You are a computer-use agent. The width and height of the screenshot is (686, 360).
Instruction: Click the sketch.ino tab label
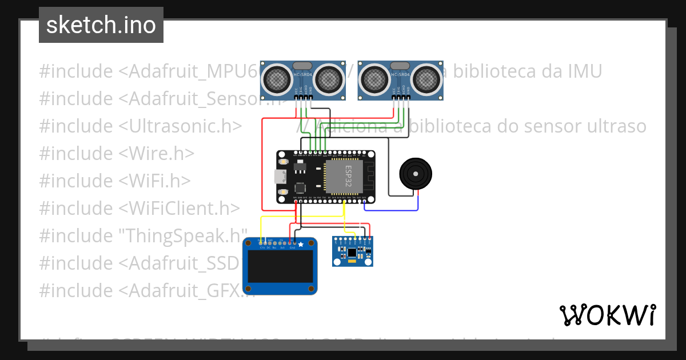[101, 25]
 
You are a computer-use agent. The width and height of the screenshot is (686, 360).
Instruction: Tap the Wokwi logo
[607, 315]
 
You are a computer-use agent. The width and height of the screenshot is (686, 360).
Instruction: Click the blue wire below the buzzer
[394, 210]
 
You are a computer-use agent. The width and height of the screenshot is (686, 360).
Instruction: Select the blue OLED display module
[280, 266]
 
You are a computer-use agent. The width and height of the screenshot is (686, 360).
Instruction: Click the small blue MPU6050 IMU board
[353, 251]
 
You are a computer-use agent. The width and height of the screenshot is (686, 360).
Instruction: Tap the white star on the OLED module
[301, 244]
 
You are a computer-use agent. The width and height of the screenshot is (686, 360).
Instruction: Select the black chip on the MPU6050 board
[352, 251]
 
